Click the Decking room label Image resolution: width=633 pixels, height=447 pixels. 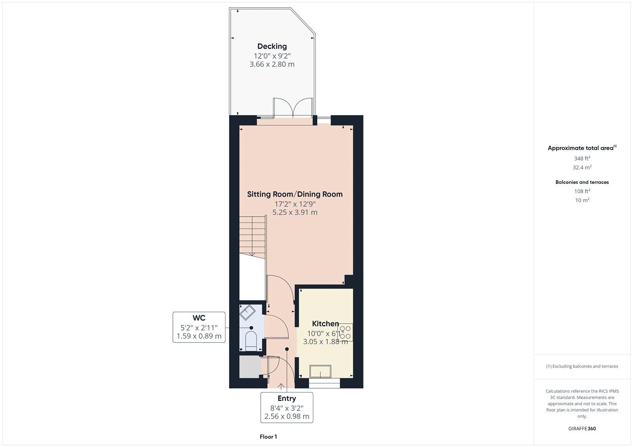tap(272, 46)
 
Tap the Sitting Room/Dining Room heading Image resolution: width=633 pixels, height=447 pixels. tap(295, 194)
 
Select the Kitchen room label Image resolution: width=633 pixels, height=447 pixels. tap(325, 324)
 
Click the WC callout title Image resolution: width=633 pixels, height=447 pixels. tap(199, 318)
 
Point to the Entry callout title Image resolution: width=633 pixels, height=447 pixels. tap(286, 398)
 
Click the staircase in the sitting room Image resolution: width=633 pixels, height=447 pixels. tap(252, 237)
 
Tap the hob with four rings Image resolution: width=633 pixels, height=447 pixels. tap(345, 332)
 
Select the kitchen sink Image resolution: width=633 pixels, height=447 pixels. tap(320, 372)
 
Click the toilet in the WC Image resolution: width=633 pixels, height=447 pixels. tap(251, 341)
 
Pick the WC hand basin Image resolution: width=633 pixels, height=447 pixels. tap(247, 312)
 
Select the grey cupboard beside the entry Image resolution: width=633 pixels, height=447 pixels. tap(250, 367)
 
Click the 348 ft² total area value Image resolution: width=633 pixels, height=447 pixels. tap(582, 158)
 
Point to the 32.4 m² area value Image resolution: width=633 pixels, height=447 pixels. tap(582, 168)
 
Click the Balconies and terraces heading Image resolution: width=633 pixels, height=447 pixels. tap(582, 183)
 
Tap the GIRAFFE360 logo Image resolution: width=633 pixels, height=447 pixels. tap(582, 429)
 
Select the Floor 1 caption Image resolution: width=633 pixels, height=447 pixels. tap(268, 437)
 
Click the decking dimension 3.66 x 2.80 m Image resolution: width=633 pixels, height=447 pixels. tap(272, 64)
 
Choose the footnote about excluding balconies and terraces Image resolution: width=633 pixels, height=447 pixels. tap(582, 366)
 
